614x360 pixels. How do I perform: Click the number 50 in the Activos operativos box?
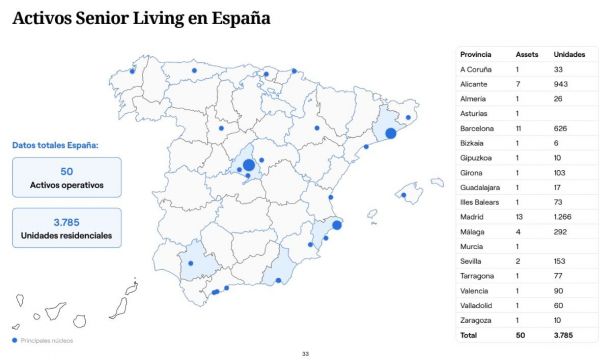pyautogui.click(x=66, y=171)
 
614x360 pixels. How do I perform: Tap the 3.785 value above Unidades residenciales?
pyautogui.click(x=66, y=221)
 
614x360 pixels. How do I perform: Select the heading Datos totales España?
pyautogui.click(x=56, y=145)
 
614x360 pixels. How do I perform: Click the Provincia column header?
pyautogui.click(x=475, y=53)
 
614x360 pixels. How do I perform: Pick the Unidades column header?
pyautogui.click(x=568, y=53)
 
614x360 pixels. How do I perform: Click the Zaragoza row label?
pyautogui.click(x=475, y=320)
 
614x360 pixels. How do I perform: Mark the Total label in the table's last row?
pyautogui.click(x=469, y=335)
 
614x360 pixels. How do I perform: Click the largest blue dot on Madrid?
pyautogui.click(x=248, y=165)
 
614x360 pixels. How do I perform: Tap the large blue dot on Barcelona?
pyautogui.click(x=391, y=134)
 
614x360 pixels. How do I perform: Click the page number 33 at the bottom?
pyautogui.click(x=306, y=353)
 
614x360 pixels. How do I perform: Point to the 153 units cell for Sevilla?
pyautogui.click(x=560, y=260)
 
